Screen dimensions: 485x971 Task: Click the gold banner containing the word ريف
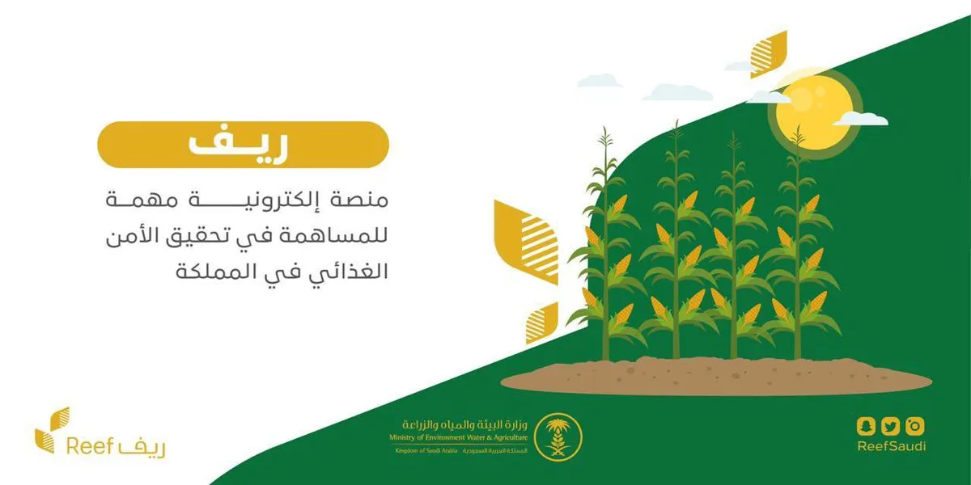(243, 145)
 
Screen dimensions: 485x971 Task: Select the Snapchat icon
(866, 425)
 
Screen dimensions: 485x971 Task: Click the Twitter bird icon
(890, 425)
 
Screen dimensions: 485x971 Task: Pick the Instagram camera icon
(915, 425)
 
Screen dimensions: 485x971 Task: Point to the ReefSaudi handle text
(890, 446)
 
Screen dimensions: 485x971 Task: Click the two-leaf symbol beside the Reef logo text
(52, 429)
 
